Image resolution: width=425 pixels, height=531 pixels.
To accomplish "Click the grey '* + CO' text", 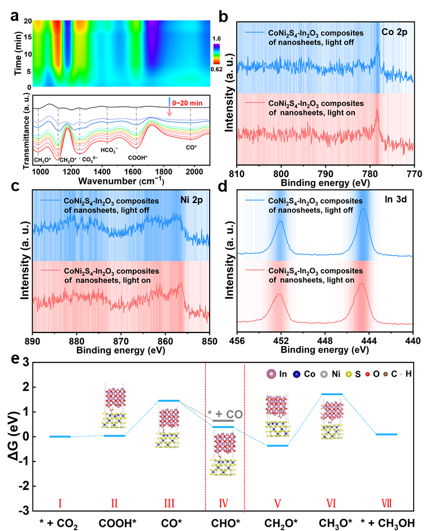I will [225, 414].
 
